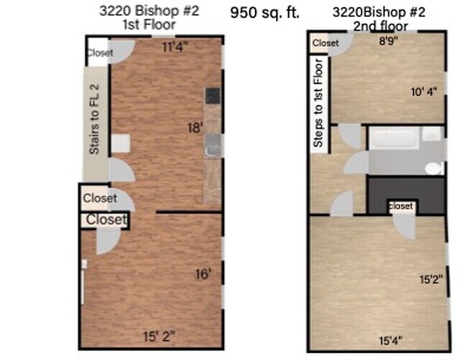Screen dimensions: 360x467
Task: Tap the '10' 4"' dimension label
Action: (423, 91)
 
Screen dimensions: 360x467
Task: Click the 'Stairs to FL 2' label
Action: (94, 119)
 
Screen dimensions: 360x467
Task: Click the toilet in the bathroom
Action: (433, 168)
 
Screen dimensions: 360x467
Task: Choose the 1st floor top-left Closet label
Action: (99, 52)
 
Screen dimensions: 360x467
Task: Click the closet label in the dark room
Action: (400, 206)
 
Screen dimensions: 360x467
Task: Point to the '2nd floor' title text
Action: (381, 27)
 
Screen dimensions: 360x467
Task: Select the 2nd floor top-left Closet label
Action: (325, 43)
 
